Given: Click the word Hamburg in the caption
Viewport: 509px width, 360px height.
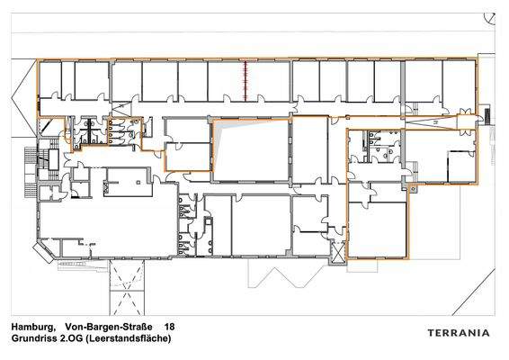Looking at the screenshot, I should click(32, 328).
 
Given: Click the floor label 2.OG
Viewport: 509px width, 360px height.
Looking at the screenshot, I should click(78, 339).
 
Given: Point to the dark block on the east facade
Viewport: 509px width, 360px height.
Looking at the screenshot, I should click(487, 115).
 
